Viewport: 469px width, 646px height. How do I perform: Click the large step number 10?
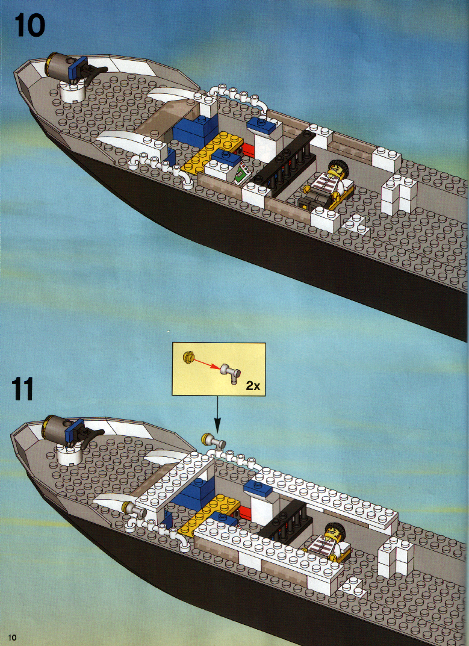coord(30,25)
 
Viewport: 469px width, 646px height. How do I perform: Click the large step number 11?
coord(23,389)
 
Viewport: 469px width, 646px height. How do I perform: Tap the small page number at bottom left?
coord(13,638)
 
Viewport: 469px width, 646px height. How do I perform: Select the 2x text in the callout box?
coord(253,386)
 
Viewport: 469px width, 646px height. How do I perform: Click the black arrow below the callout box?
coord(217,415)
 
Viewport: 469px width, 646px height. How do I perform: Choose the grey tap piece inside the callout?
coord(231,372)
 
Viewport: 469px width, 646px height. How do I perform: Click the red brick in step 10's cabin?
coord(248,149)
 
